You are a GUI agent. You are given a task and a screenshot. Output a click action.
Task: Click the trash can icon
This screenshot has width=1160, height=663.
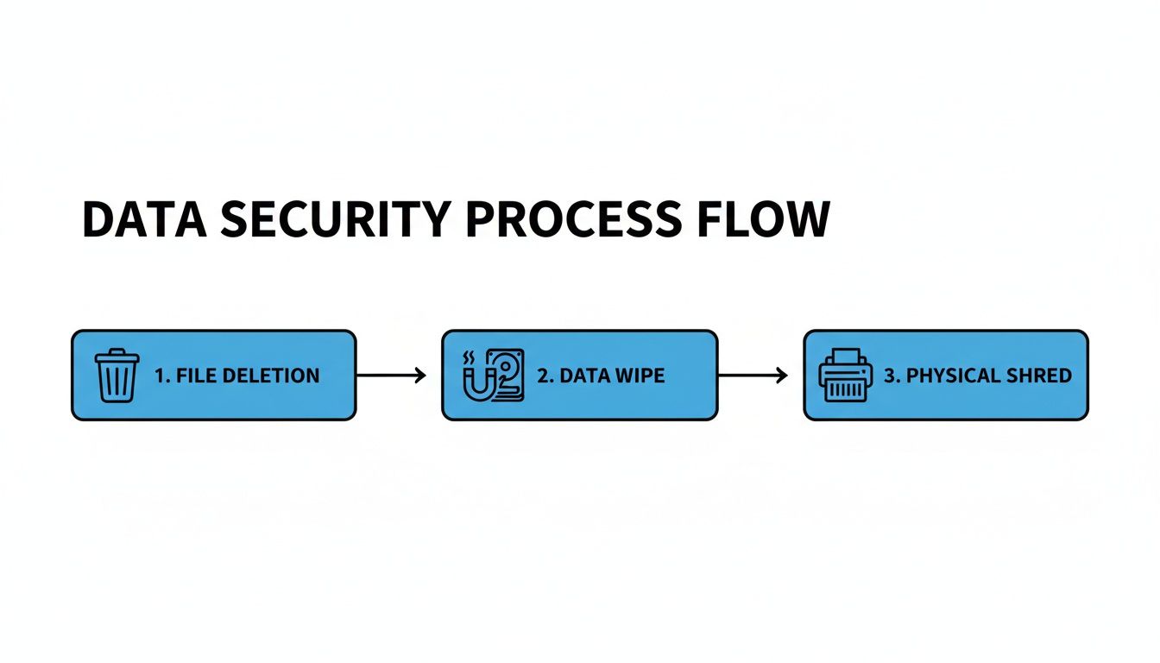pyautogui.click(x=117, y=376)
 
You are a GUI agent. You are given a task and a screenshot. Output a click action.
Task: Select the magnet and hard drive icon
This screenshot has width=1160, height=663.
pyautogui.click(x=493, y=376)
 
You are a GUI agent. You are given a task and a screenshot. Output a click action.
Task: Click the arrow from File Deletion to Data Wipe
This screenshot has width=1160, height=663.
pyautogui.click(x=390, y=375)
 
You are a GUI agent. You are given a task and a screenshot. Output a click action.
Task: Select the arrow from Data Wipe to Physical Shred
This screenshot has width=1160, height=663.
pyautogui.click(x=752, y=375)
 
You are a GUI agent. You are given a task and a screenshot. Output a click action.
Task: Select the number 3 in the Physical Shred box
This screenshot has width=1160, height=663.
pyautogui.click(x=890, y=376)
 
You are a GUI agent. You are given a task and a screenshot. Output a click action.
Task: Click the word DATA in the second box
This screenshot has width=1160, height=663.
pyautogui.click(x=583, y=376)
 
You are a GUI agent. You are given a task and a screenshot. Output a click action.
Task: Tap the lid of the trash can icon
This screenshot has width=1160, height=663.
pyautogui.click(x=117, y=355)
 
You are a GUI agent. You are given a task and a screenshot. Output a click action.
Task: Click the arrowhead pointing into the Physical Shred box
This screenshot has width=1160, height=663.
pyautogui.click(x=782, y=375)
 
